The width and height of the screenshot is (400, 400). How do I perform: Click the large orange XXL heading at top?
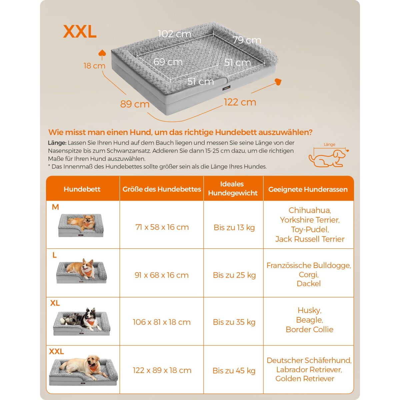(x=80, y=32)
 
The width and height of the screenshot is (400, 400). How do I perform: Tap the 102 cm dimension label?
(x=174, y=34)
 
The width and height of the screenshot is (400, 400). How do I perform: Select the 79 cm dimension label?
(x=247, y=40)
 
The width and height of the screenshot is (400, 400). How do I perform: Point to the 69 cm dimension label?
(x=168, y=62)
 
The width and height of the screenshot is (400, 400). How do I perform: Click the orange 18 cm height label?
(x=94, y=66)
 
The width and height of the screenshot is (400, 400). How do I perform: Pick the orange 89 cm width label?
(x=135, y=104)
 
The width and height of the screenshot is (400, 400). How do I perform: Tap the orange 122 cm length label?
(x=240, y=102)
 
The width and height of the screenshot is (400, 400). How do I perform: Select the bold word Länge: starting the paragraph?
(x=57, y=143)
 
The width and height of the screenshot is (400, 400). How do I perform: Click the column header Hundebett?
(x=82, y=189)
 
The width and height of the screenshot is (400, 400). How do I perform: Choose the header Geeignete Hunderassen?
(x=308, y=189)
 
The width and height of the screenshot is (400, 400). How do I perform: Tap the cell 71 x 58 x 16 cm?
(x=162, y=227)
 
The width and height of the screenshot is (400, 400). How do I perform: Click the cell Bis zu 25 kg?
(x=234, y=275)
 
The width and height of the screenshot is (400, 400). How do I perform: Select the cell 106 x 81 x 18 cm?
(x=162, y=322)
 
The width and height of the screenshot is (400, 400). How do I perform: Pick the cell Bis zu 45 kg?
(x=234, y=371)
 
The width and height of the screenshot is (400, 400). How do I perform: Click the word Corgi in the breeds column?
(x=308, y=274)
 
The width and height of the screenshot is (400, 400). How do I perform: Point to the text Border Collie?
(x=309, y=329)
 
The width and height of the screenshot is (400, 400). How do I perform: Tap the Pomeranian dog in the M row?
(x=82, y=223)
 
